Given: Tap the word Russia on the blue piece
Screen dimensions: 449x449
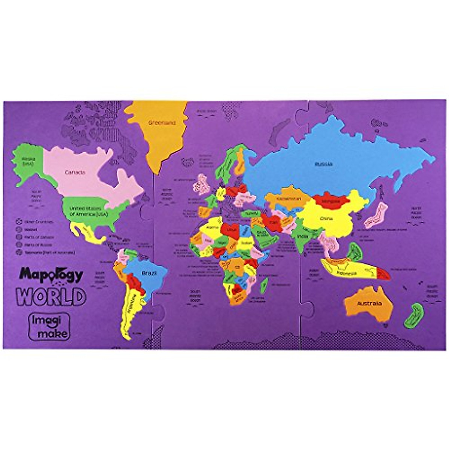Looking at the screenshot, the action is pos(323,164).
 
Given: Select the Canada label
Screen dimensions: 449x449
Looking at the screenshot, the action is pos(75,172).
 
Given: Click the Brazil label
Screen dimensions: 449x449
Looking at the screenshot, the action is pos(149,273).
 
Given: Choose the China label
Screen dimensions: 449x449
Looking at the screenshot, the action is pos(324,219).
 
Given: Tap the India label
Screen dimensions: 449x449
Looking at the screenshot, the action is pos(302,236).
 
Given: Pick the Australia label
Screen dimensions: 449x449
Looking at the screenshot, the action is pos(369,303).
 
